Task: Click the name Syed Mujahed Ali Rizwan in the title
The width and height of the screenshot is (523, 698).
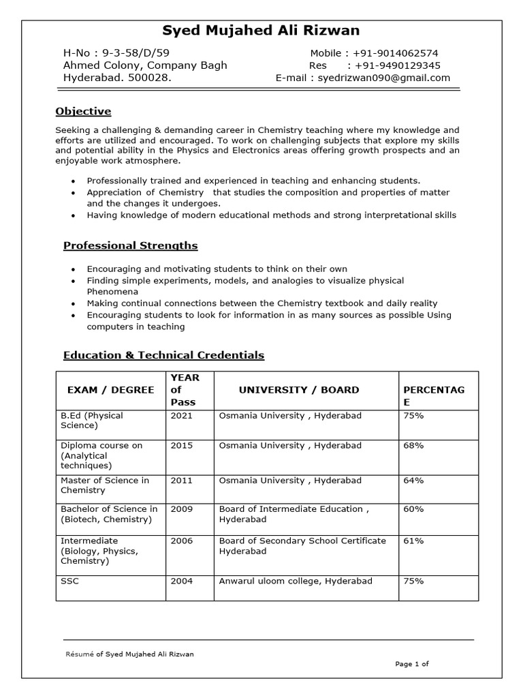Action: [261, 31]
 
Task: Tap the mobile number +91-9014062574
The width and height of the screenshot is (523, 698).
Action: [396, 53]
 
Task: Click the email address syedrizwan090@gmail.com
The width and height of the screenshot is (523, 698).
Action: [384, 78]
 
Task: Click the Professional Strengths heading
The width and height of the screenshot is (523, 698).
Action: [130, 245]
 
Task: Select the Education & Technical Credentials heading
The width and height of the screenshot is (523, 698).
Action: [163, 355]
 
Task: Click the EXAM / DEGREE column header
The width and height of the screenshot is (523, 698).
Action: [110, 390]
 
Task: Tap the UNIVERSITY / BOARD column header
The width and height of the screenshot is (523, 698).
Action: [298, 390]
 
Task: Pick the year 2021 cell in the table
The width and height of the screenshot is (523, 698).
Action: [181, 415]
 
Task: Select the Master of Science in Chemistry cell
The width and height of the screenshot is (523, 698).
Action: [105, 485]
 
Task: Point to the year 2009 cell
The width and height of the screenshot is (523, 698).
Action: [181, 509]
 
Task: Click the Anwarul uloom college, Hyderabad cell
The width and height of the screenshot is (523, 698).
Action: [296, 581]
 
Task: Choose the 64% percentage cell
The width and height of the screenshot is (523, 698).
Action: [413, 481]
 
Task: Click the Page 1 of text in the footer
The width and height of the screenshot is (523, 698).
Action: [412, 663]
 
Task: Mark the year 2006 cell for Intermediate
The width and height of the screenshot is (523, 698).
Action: [181, 541]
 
